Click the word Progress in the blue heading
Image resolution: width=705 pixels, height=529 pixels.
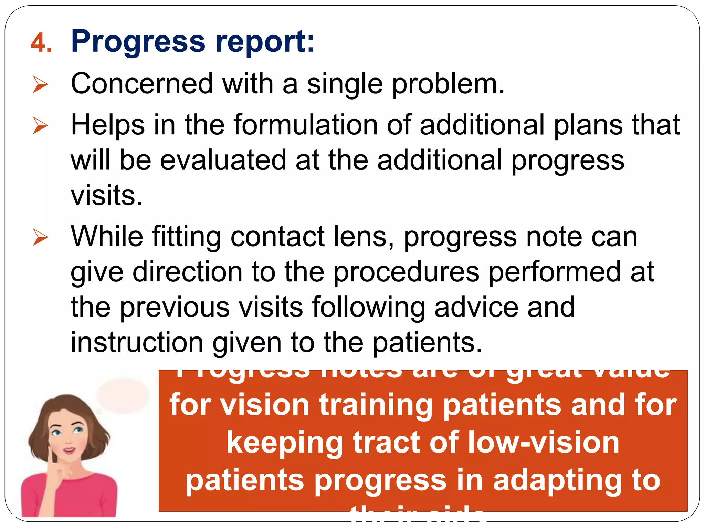point(138,42)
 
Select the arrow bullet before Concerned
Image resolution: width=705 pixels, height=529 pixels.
point(40,84)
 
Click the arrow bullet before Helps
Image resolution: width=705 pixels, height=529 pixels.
point(40,125)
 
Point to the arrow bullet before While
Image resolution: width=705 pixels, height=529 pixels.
point(40,237)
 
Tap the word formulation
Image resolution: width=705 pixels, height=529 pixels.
point(306,124)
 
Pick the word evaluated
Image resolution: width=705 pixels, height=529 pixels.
point(223,160)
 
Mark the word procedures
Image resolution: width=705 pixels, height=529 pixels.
point(406,272)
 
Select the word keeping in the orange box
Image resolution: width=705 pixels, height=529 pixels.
point(285,443)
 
